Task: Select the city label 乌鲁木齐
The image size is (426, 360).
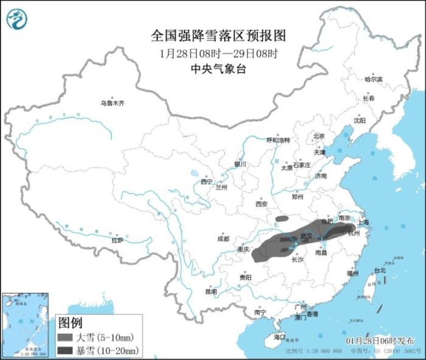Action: pyautogui.click(x=112, y=104)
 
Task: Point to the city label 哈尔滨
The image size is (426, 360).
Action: pyautogui.click(x=373, y=79)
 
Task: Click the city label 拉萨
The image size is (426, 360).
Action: pyautogui.click(x=117, y=241)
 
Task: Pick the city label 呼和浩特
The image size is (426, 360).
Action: pyautogui.click(x=279, y=139)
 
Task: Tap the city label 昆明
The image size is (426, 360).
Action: pyautogui.click(x=211, y=291)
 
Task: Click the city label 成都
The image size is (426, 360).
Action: pyautogui.click(x=223, y=238)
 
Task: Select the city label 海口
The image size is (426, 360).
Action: pyautogui.click(x=279, y=337)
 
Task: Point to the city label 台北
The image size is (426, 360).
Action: pyautogui.click(x=379, y=270)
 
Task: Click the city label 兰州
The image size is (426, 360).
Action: pyautogui.click(x=221, y=188)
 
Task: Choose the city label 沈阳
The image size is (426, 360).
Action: pyautogui.click(x=360, y=121)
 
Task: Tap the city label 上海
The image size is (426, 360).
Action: pyautogui.click(x=363, y=223)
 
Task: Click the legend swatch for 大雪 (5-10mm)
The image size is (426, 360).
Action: pyautogui.click(x=65, y=337)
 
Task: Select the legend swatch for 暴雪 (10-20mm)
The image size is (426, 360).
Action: pyautogui.click(x=65, y=350)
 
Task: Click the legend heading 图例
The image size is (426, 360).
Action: pyautogui.click(x=70, y=322)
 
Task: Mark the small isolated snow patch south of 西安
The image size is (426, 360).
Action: pyautogui.click(x=282, y=217)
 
